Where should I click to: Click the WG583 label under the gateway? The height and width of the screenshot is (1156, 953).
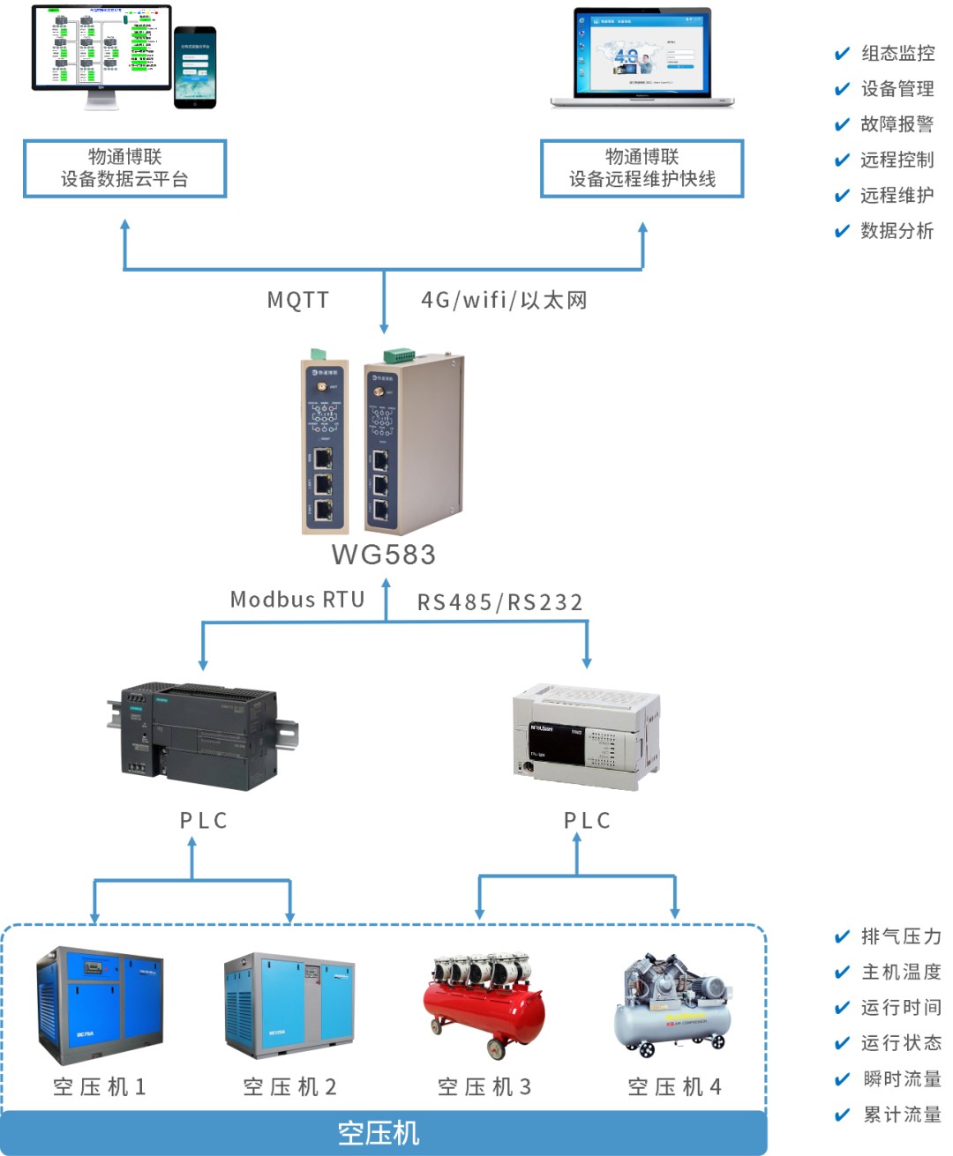pos(384,555)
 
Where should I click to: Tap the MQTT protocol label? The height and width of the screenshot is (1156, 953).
pos(298,300)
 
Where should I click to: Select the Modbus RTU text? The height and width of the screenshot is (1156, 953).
pos(297,600)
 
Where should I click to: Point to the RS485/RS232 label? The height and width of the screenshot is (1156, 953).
pos(499,602)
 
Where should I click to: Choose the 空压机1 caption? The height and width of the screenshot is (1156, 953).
pos(100,1086)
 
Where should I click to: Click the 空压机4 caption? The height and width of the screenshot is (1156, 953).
pos(675,1086)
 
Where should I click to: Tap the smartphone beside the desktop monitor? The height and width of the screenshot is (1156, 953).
pos(195,67)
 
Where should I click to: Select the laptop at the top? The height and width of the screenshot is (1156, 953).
pos(642,57)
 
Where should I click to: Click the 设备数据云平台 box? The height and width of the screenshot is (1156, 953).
pos(124,168)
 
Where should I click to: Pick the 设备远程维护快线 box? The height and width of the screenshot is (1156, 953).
pos(642,168)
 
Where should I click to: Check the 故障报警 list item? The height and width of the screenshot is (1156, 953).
pos(897,124)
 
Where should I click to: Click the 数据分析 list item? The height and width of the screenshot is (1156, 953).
pos(897,231)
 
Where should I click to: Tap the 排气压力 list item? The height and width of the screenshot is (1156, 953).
pos(900,936)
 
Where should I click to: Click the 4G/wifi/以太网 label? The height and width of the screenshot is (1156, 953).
pos(504,301)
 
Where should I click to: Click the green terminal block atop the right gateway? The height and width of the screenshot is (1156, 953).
pos(398,355)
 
